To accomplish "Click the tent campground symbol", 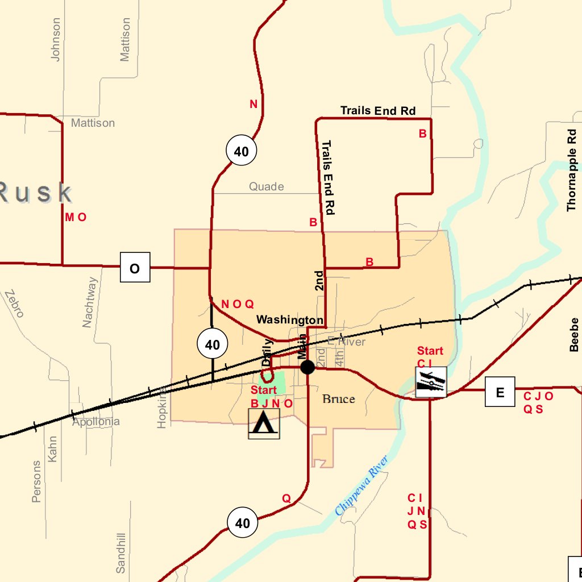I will pyautogui.click(x=264, y=423).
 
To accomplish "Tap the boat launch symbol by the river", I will pyautogui.click(x=431, y=381).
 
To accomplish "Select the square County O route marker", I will pyautogui.click(x=135, y=267).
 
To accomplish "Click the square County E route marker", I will pyautogui.click(x=500, y=392).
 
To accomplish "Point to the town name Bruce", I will pyautogui.click(x=339, y=398).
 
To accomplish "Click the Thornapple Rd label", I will pyautogui.click(x=572, y=171).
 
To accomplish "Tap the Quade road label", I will pyautogui.click(x=267, y=186).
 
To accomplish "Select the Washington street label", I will pyautogui.click(x=289, y=320).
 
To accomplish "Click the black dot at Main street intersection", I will pyautogui.click(x=307, y=367).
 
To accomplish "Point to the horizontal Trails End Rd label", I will pyautogui.click(x=378, y=111).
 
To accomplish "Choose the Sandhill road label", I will pyautogui.click(x=120, y=552).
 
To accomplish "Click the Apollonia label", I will pyautogui.click(x=96, y=422).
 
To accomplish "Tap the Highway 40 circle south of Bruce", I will pyautogui.click(x=242, y=523).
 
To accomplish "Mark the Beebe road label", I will pyautogui.click(x=574, y=335).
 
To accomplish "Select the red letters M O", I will pyautogui.click(x=76, y=217).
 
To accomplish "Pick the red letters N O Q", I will pyautogui.click(x=237, y=304).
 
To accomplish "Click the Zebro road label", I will pyautogui.click(x=14, y=304).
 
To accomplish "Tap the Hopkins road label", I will pyautogui.click(x=163, y=407).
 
